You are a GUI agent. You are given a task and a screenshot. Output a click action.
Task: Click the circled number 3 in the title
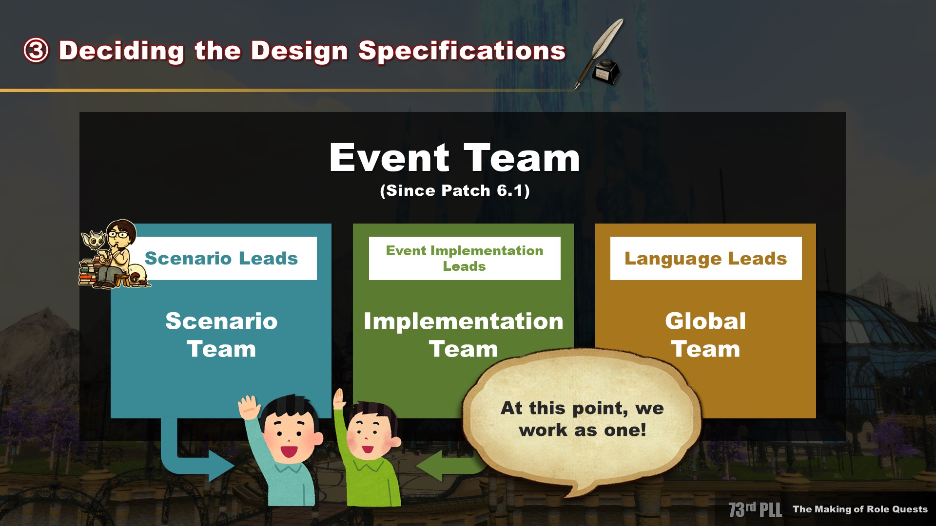(x=36, y=51)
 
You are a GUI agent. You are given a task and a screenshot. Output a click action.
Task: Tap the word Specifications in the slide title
(x=462, y=51)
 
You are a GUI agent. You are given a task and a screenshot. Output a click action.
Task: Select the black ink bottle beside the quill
(x=606, y=72)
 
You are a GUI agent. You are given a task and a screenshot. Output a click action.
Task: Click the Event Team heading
(x=455, y=158)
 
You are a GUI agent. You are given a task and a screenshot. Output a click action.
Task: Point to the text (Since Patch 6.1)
(x=455, y=190)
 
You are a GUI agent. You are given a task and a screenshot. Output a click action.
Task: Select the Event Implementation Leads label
(x=465, y=258)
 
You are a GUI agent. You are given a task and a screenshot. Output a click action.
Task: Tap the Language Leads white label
(x=706, y=258)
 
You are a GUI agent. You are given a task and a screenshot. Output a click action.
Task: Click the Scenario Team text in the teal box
(x=221, y=335)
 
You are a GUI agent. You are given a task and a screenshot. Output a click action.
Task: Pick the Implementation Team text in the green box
(x=464, y=335)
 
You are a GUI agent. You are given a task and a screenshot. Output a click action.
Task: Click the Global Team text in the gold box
(x=705, y=335)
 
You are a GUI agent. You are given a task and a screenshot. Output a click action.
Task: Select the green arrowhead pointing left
(x=429, y=466)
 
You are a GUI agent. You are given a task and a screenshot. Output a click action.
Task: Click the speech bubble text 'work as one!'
(x=583, y=430)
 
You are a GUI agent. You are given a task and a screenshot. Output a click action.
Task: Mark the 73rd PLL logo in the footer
(x=755, y=509)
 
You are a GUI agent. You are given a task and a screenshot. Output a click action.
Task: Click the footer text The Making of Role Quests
(x=860, y=509)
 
